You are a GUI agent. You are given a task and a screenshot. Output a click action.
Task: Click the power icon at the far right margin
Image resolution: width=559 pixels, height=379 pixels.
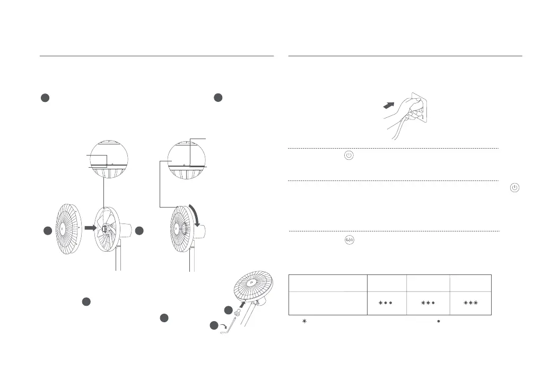click(515, 188)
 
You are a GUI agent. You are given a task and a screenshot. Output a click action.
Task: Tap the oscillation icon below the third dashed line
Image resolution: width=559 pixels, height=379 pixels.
click(349, 240)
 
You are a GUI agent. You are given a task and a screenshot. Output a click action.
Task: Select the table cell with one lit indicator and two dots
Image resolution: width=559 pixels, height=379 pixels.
click(387, 303)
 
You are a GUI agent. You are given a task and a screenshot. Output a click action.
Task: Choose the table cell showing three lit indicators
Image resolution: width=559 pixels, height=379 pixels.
click(470, 303)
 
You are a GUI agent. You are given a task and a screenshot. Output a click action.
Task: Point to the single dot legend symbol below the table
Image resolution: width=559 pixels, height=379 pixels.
click(439, 322)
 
